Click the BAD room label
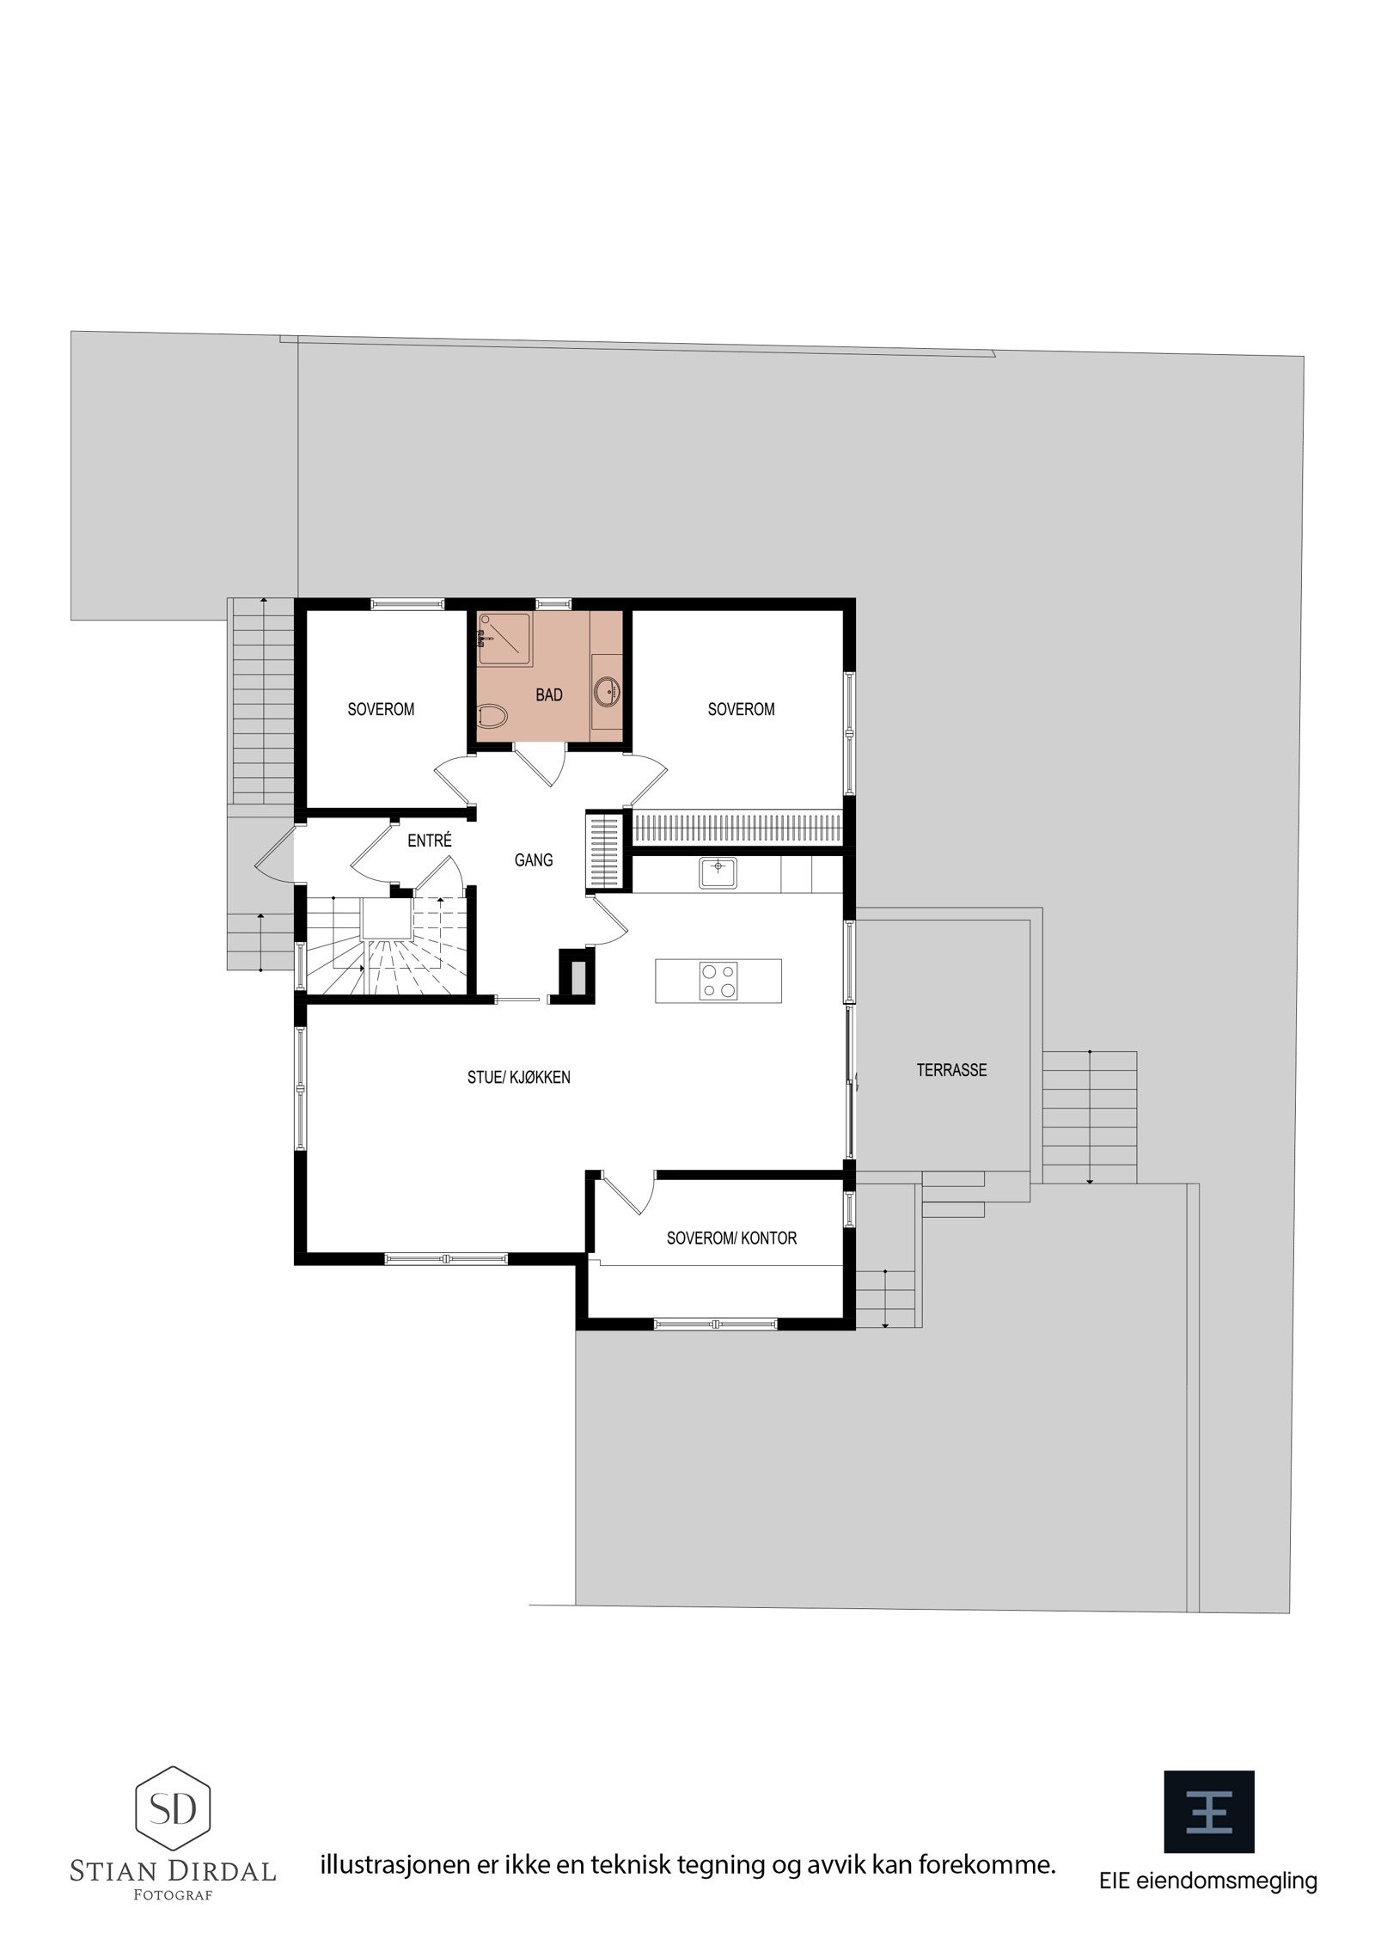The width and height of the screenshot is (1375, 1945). [548, 695]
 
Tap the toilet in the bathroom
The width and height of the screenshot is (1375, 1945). [492, 716]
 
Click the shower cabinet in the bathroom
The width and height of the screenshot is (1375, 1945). [504, 639]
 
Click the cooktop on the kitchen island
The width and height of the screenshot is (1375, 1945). [718, 981]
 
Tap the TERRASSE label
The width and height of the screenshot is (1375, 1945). [951, 1070]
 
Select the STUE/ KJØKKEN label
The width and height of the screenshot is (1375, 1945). [519, 1078]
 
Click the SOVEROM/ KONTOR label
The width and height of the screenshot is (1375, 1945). [731, 1239]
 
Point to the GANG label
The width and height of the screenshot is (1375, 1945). [534, 859]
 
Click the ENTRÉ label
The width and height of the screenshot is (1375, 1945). [430, 841]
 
